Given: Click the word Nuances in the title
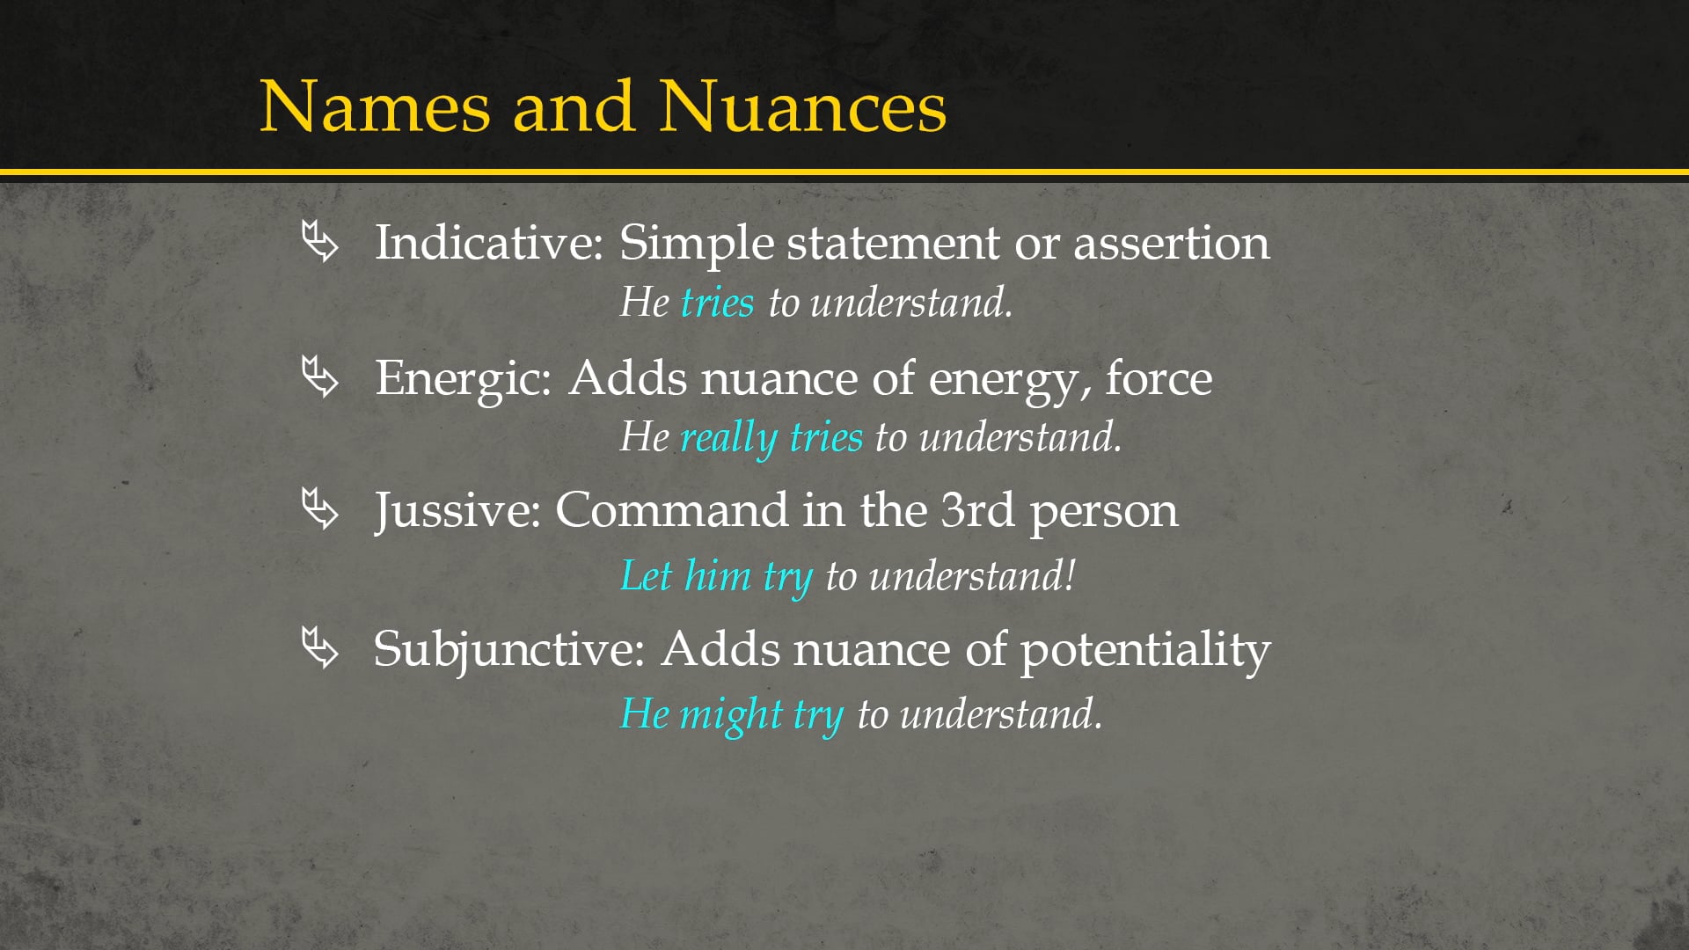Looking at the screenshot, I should (802, 107).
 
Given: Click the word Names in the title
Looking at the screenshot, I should (375, 107).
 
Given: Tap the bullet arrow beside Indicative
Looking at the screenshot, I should (319, 242).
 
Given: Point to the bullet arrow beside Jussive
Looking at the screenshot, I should (319, 509).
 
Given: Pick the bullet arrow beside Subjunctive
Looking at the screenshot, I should (319, 648).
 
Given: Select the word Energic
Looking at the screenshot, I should (463, 378).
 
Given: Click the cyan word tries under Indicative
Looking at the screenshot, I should (717, 303).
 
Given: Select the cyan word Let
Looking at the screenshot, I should (647, 576).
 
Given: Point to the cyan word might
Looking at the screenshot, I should (731, 713).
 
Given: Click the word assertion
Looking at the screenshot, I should (1171, 243).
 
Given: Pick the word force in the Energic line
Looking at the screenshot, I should (1159, 378).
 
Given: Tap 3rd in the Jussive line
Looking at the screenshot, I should (977, 510).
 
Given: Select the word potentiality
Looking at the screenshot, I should (1144, 650).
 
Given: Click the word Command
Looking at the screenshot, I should (671, 510).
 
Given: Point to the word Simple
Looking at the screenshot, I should (695, 244).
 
